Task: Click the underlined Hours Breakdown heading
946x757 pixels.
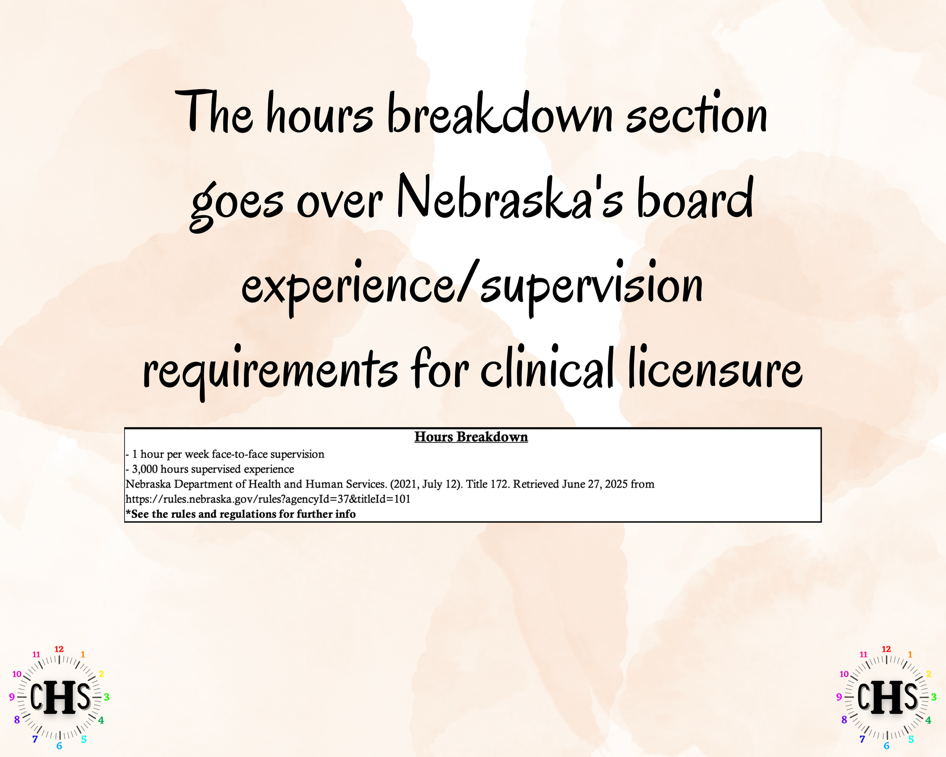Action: [x=471, y=437]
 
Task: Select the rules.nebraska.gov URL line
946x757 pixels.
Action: [x=268, y=500]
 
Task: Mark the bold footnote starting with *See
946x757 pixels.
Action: [x=241, y=514]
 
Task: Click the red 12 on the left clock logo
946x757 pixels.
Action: [x=59, y=649]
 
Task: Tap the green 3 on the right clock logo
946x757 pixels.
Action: [x=934, y=697]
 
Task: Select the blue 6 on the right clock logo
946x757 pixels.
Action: [x=886, y=745]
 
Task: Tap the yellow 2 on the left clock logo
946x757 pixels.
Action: [x=101, y=674]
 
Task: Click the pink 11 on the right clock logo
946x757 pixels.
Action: [x=863, y=654]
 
